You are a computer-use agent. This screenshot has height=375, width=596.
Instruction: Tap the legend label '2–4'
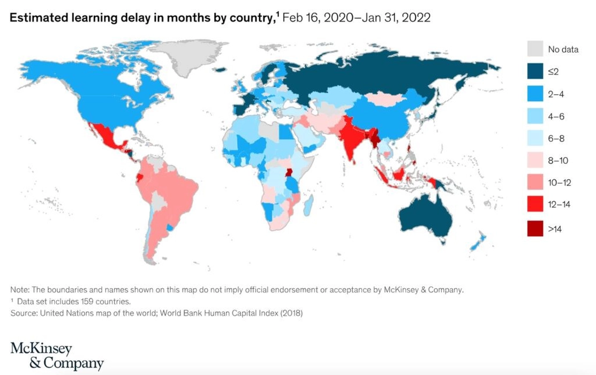tap(556, 94)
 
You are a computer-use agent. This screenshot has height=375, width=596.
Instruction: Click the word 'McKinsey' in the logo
tap(41, 348)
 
